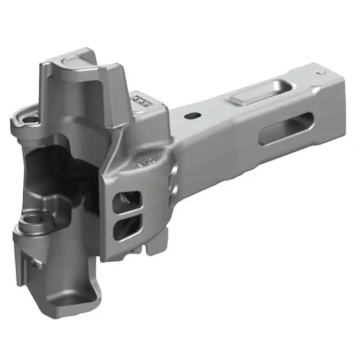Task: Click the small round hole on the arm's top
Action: pos(193,116)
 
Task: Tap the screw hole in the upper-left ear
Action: pos(28,118)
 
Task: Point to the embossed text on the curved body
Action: pos(145,161)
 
